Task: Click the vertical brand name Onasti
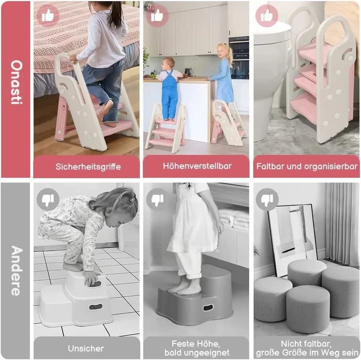(x=16, y=82)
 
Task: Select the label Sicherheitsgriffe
(x=88, y=167)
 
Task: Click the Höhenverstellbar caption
(x=197, y=166)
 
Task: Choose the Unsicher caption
(x=86, y=349)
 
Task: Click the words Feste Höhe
(x=196, y=344)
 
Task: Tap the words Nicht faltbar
(x=306, y=344)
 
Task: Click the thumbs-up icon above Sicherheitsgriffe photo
(x=48, y=15)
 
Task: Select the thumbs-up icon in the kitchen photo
(x=157, y=15)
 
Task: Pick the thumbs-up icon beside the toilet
(x=267, y=15)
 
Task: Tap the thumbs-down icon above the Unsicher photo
(x=48, y=199)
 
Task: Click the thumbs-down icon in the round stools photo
(x=267, y=199)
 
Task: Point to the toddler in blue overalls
(x=170, y=89)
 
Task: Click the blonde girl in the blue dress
(x=223, y=74)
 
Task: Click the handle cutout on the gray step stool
(x=208, y=308)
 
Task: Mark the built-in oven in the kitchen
(x=239, y=58)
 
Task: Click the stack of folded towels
(x=234, y=219)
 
